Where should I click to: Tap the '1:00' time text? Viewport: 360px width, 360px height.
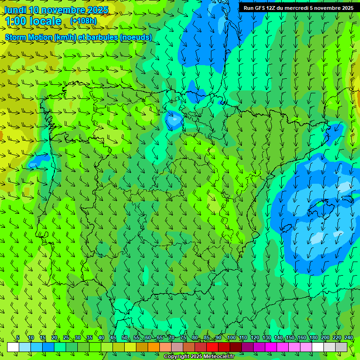coord(17,21)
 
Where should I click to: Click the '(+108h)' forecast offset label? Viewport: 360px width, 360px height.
coord(83,21)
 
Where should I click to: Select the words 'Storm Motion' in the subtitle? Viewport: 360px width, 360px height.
coord(28,37)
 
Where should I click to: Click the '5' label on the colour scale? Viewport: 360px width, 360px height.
coord(18,337)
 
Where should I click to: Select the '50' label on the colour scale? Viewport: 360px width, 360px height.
coord(124,337)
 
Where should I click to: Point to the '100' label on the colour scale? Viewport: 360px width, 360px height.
coord(231,337)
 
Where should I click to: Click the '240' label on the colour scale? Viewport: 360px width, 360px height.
coord(349,337)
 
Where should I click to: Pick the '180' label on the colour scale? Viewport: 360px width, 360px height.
coord(313,337)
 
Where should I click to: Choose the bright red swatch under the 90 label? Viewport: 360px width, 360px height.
coord(212,347)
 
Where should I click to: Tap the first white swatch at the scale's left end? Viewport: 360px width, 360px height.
coord(13,347)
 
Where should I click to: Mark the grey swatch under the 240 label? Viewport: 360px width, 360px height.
coord(341,347)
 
